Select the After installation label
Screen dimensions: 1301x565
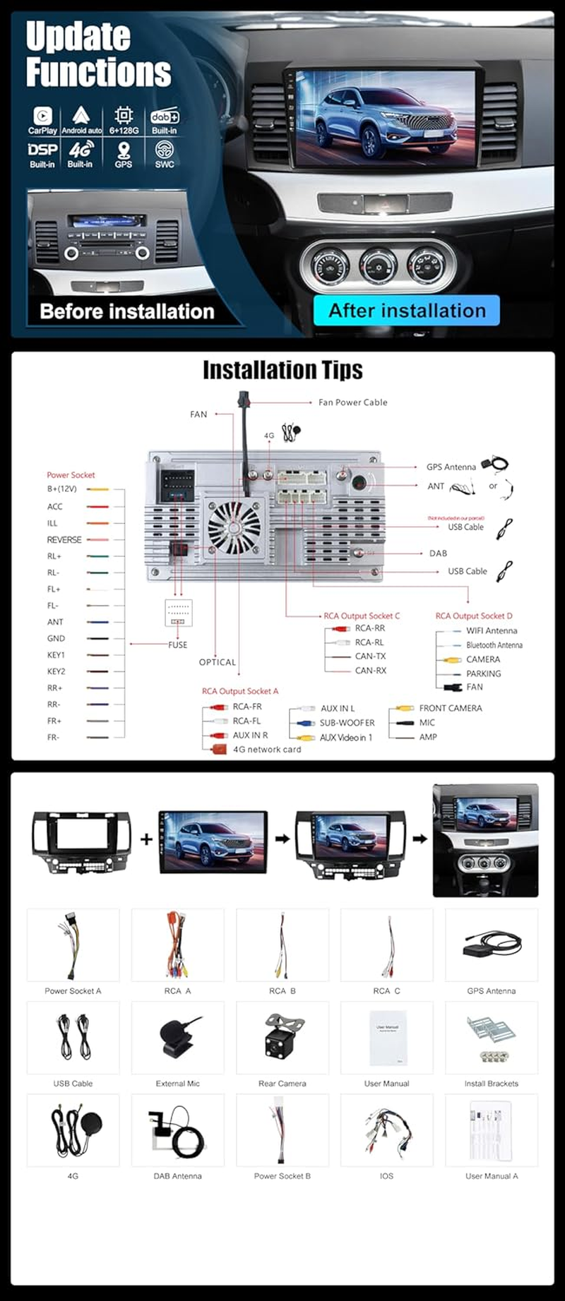407,311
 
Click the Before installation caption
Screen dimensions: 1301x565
126,311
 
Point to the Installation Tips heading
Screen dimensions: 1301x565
282,370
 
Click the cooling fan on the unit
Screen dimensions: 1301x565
233,526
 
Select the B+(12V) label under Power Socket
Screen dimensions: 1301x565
61,488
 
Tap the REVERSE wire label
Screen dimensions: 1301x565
64,539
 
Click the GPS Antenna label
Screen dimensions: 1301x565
451,467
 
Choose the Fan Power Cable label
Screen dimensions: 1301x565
352,402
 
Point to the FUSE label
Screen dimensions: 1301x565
178,644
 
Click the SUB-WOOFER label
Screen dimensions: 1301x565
347,723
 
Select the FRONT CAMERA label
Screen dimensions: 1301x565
450,708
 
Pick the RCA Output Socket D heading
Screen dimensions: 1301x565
473,616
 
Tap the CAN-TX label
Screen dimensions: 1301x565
370,657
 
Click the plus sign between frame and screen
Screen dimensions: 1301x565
146,839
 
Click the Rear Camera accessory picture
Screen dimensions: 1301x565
282,1036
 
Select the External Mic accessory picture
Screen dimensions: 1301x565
177,1036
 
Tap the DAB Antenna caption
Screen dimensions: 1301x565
177,1176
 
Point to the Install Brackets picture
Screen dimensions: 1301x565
491,1036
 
